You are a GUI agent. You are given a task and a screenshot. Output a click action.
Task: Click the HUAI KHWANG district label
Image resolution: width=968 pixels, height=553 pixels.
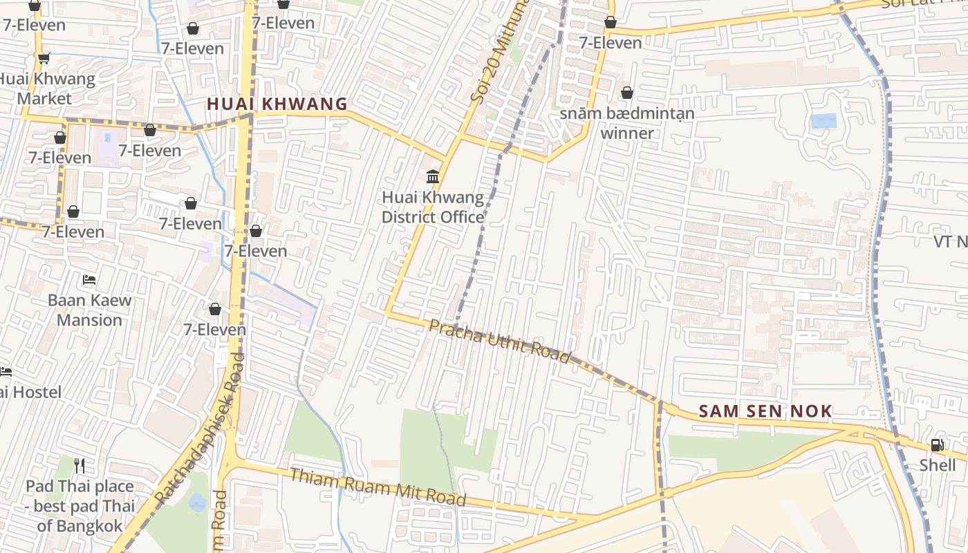pos(277,104)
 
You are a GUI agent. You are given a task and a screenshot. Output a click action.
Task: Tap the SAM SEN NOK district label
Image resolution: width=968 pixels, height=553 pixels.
pos(765,411)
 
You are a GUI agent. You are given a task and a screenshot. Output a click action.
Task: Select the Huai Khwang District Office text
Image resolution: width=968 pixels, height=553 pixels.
pos(433,207)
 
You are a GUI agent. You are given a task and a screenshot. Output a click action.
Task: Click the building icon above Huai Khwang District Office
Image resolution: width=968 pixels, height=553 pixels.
pos(434,177)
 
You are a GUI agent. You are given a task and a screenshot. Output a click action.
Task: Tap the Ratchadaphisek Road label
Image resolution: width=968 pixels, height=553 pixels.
pos(201,429)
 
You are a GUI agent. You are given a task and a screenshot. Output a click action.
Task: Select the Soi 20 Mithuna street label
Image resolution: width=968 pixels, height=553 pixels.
pos(499,52)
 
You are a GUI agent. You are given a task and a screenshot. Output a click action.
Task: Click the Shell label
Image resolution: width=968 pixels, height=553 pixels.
pos(938,465)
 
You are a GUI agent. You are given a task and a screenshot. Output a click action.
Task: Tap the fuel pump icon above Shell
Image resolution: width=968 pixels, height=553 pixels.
pos(937,445)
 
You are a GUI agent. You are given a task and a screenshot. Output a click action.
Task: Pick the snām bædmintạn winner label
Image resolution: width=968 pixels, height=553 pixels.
pos(626,123)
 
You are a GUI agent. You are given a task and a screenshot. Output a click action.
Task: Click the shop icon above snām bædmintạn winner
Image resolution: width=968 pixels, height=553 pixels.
pos(627,93)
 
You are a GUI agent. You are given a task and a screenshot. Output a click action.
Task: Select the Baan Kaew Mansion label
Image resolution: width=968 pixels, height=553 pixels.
pos(89,310)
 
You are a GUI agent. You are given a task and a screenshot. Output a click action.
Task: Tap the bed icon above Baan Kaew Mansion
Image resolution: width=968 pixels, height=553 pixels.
pos(89,280)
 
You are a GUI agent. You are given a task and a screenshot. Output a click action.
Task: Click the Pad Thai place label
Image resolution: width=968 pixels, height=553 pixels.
pos(80,505)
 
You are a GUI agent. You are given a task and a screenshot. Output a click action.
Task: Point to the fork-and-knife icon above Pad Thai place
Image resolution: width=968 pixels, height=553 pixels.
pos(80,466)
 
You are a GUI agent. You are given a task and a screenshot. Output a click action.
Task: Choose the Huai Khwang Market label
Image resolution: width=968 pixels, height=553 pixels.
pos(46,88)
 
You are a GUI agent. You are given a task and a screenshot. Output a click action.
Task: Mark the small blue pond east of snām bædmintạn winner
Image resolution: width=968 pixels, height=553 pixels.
pos(823,121)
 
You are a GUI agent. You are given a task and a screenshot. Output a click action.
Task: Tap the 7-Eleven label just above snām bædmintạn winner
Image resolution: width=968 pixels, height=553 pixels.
pos(611,43)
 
